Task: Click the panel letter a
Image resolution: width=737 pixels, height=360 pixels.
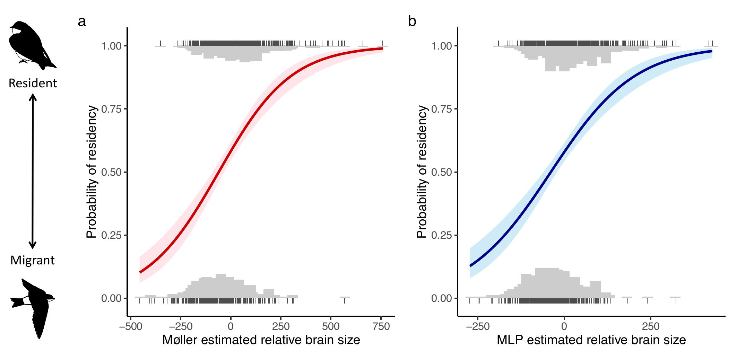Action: click(82, 22)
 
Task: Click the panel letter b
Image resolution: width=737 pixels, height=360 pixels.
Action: click(412, 22)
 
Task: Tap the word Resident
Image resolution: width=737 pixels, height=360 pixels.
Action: click(33, 83)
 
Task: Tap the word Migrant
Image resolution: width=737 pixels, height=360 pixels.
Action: click(33, 260)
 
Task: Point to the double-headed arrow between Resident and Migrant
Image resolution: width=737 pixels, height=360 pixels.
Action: click(33, 172)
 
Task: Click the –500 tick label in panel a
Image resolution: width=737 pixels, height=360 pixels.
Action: click(130, 326)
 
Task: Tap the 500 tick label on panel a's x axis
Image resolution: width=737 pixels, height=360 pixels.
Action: click(331, 326)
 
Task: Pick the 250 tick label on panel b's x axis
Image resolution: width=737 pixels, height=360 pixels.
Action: click(651, 326)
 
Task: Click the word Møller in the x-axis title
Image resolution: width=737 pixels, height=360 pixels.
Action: click(180, 340)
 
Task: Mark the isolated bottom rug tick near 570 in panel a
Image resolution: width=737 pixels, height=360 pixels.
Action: click(344, 301)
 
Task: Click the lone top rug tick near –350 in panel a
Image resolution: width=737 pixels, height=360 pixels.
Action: click(161, 43)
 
